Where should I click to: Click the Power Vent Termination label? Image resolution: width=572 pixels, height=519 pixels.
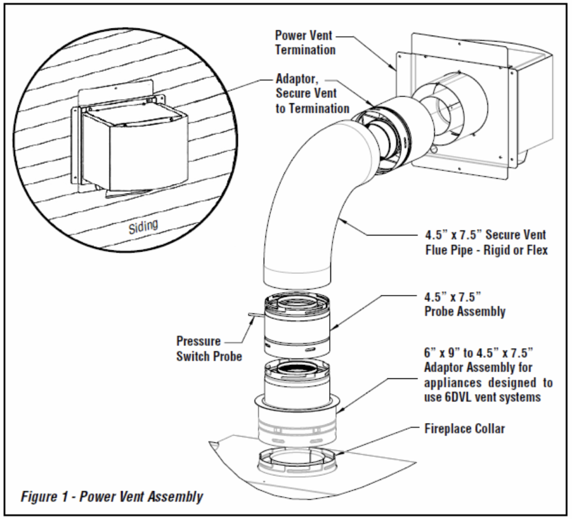306,42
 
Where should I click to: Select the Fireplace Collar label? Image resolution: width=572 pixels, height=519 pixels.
464,429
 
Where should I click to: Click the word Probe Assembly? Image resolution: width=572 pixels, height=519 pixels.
465,312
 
